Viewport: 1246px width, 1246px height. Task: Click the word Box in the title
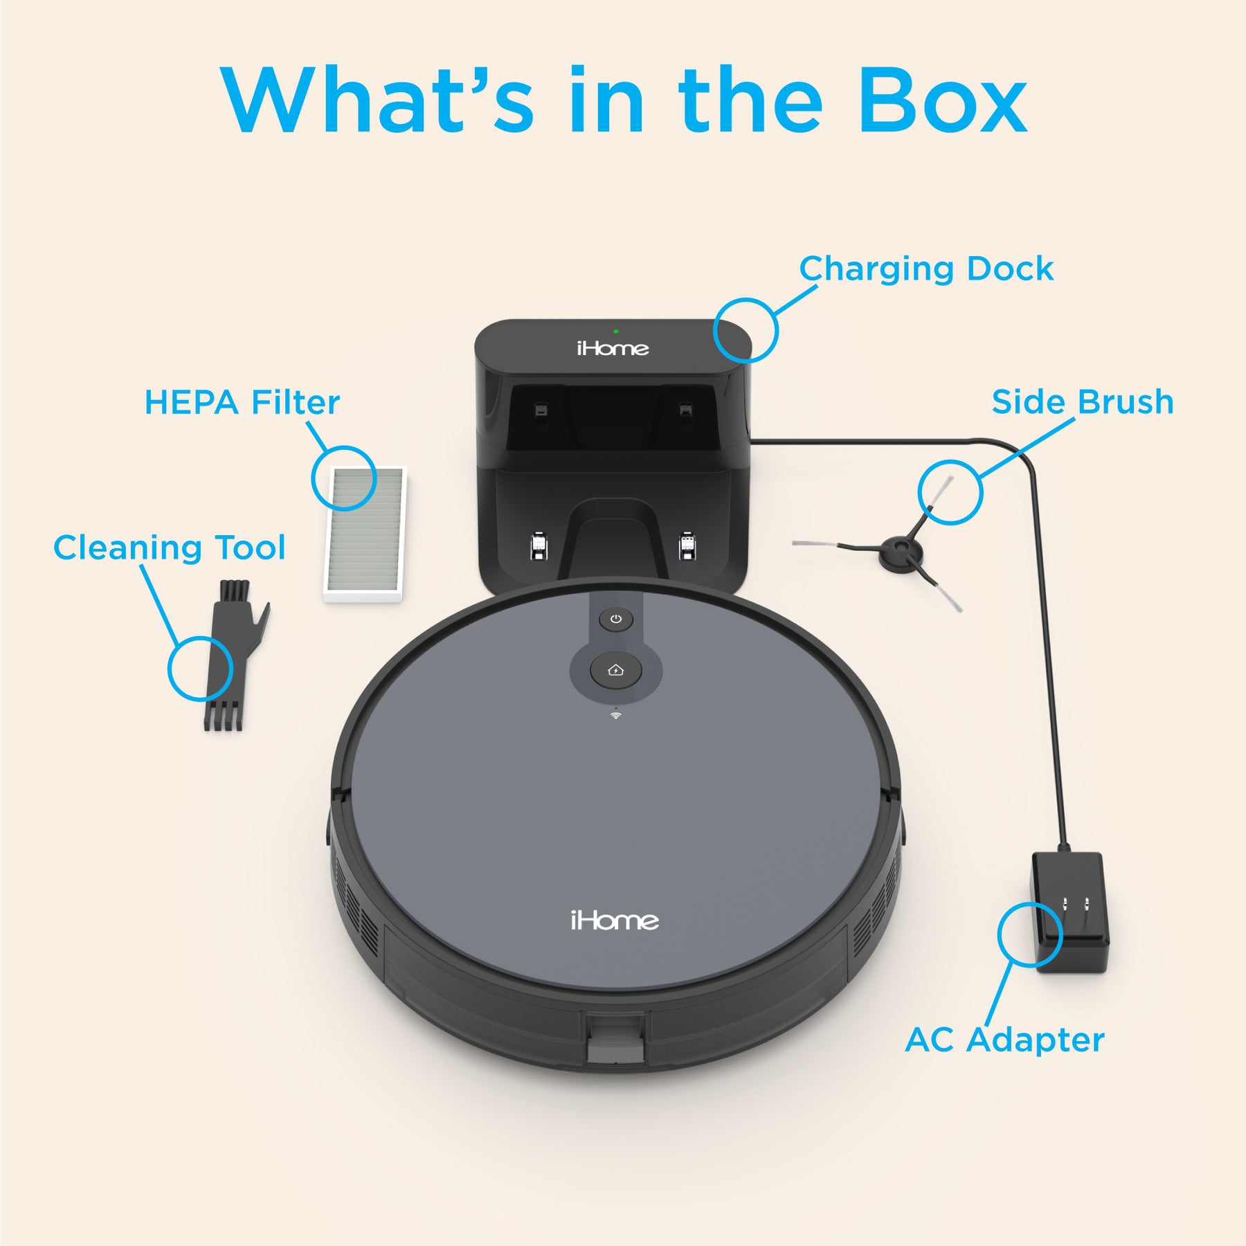943,100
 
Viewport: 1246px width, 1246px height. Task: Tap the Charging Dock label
926,269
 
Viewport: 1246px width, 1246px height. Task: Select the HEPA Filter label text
242,402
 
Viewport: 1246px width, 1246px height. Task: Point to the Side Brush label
1083,401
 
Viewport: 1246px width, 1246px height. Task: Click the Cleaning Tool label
169,548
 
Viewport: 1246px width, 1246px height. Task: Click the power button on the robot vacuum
616,619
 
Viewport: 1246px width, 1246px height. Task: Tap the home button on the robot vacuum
615,670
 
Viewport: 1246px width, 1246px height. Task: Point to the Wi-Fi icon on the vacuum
615,715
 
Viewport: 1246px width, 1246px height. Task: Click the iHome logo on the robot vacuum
615,921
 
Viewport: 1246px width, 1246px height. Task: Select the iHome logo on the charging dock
613,347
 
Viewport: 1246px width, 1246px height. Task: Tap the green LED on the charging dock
615,332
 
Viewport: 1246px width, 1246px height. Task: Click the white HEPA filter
365,534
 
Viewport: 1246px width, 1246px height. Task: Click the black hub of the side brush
901,554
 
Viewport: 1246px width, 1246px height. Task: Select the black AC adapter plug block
1070,912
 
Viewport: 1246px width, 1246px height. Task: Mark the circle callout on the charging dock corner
746,330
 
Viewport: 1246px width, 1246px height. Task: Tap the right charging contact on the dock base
687,546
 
